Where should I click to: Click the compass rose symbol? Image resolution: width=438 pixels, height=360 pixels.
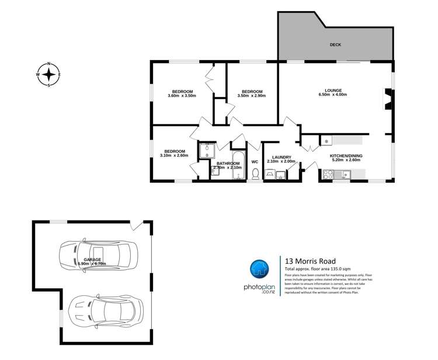[x=49, y=74]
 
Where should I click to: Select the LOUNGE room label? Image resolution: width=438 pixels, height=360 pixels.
[x=333, y=90]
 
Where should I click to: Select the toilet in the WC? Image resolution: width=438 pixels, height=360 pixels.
[x=255, y=173]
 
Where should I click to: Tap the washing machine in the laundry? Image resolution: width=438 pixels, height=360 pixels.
[x=270, y=174]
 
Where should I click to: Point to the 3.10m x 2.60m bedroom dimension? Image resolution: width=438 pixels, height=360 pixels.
[x=174, y=155]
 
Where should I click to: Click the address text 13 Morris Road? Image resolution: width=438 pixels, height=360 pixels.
[x=310, y=261]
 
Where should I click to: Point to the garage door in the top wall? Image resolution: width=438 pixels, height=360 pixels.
[x=136, y=224]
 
